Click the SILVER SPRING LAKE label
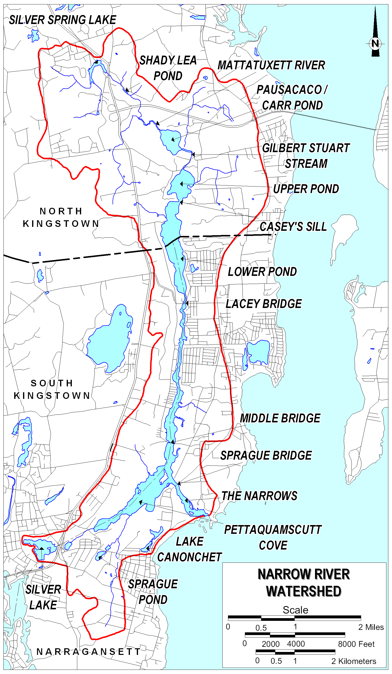point(63,20)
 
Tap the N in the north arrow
point(375,43)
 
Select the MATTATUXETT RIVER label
point(271,65)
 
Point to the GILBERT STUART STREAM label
point(306,156)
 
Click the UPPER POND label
point(306,189)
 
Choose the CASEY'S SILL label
point(293,227)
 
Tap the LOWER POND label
point(262,272)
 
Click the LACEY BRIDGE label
point(264,304)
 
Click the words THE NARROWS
point(259,496)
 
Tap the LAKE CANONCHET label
point(190,550)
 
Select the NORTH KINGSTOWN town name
point(61,218)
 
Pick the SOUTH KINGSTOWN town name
point(52,389)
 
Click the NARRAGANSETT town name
point(89,652)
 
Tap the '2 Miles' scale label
point(371,627)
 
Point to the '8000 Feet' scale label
point(356,644)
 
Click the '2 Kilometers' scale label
point(354,662)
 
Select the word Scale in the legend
point(295,610)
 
